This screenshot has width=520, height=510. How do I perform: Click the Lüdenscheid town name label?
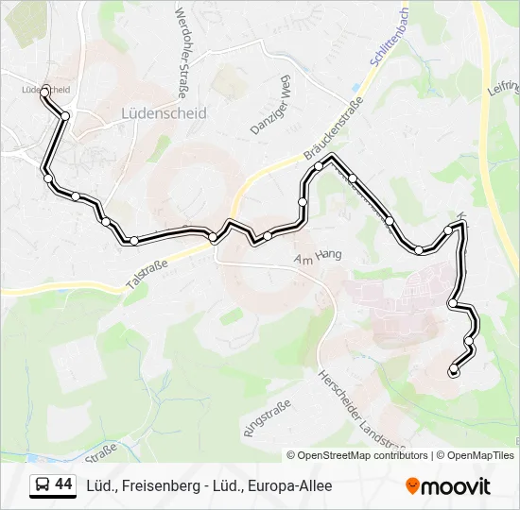coord(164,112)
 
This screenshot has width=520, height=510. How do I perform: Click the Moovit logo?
coord(448,486)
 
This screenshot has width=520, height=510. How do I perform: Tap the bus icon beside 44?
coord(43,485)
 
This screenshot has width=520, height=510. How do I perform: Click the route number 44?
coord(63,484)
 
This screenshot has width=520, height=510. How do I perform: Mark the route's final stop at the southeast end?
coord(454,369)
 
